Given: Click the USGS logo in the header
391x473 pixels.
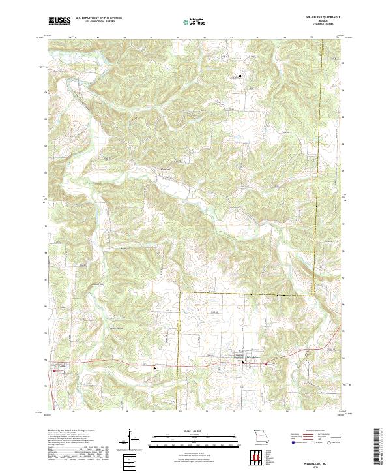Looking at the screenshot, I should point(59,21).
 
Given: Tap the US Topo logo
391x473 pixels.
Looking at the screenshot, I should point(190,22).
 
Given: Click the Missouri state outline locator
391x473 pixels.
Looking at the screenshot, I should point(261,436).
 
